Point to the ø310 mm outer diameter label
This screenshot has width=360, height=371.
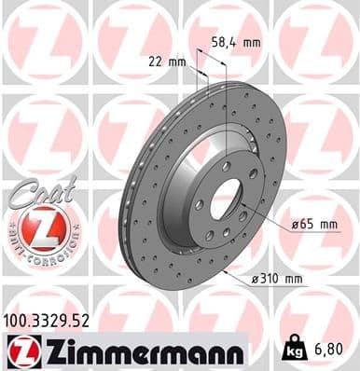coord(277,279)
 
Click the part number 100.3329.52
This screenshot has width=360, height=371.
coord(49,321)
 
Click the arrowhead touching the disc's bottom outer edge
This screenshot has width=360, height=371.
coord(228,270)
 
